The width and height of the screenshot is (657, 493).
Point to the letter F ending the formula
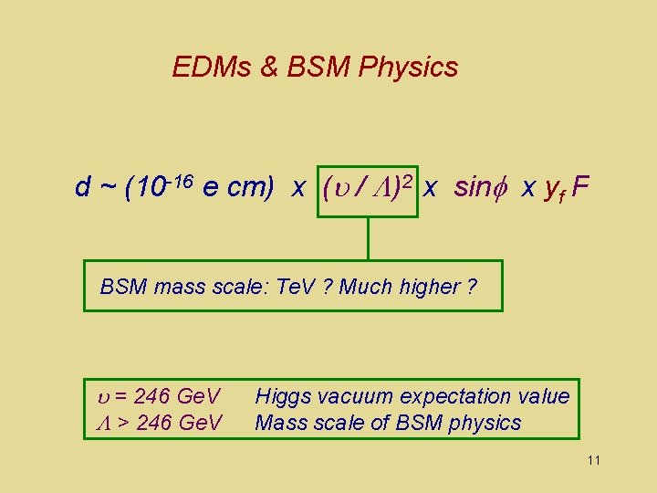coord(581,188)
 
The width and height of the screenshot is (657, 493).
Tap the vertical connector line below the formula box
coord(368,239)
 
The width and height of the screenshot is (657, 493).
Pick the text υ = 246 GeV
coord(158,396)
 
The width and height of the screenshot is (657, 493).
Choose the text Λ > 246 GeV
coord(158,423)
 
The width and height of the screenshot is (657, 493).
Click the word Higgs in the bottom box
coord(281,396)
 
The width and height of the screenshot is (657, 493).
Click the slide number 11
coord(594,460)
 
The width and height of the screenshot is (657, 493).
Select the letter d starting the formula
coord(82,188)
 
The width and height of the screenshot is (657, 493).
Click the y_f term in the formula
coord(551,190)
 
